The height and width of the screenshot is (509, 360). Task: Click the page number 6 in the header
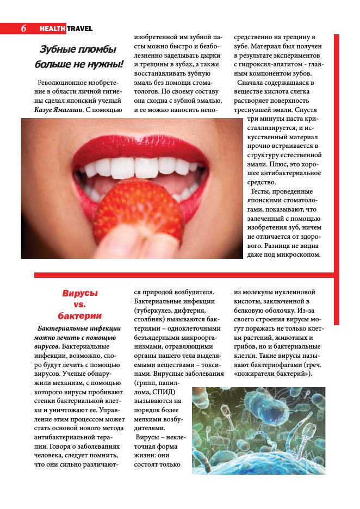click(x=24, y=28)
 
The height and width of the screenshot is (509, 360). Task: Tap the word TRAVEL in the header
click(x=80, y=28)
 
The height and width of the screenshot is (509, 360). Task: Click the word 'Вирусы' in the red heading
click(x=80, y=293)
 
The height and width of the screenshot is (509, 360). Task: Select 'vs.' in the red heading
click(x=80, y=305)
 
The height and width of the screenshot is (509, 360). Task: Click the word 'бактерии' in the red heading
click(x=80, y=316)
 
